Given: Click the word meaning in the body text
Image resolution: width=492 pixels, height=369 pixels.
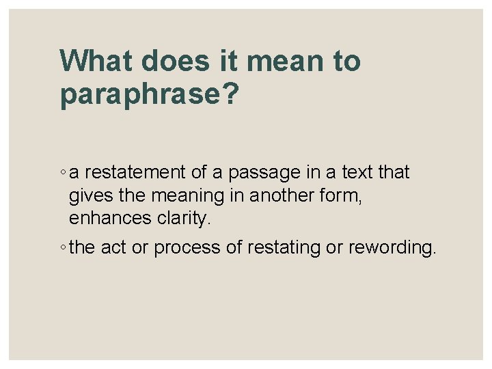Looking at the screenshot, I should tap(189, 197).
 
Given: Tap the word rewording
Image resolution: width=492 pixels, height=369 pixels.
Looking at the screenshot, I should tap(391, 248).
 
